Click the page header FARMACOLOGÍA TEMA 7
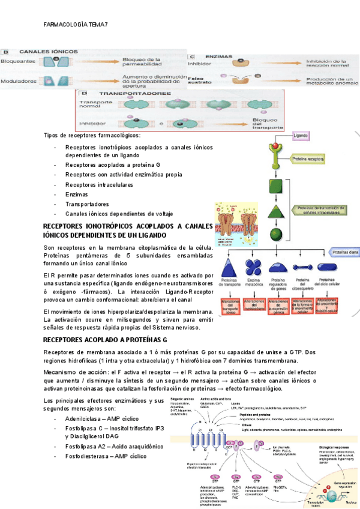(76, 25)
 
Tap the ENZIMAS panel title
(219, 56)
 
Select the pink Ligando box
(304, 136)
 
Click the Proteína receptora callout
(308, 160)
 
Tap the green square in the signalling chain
(276, 186)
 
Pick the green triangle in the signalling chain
(276, 211)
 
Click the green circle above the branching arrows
(276, 234)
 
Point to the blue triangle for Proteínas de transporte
(230, 267)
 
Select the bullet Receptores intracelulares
(99, 185)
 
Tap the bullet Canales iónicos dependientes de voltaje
(119, 214)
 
